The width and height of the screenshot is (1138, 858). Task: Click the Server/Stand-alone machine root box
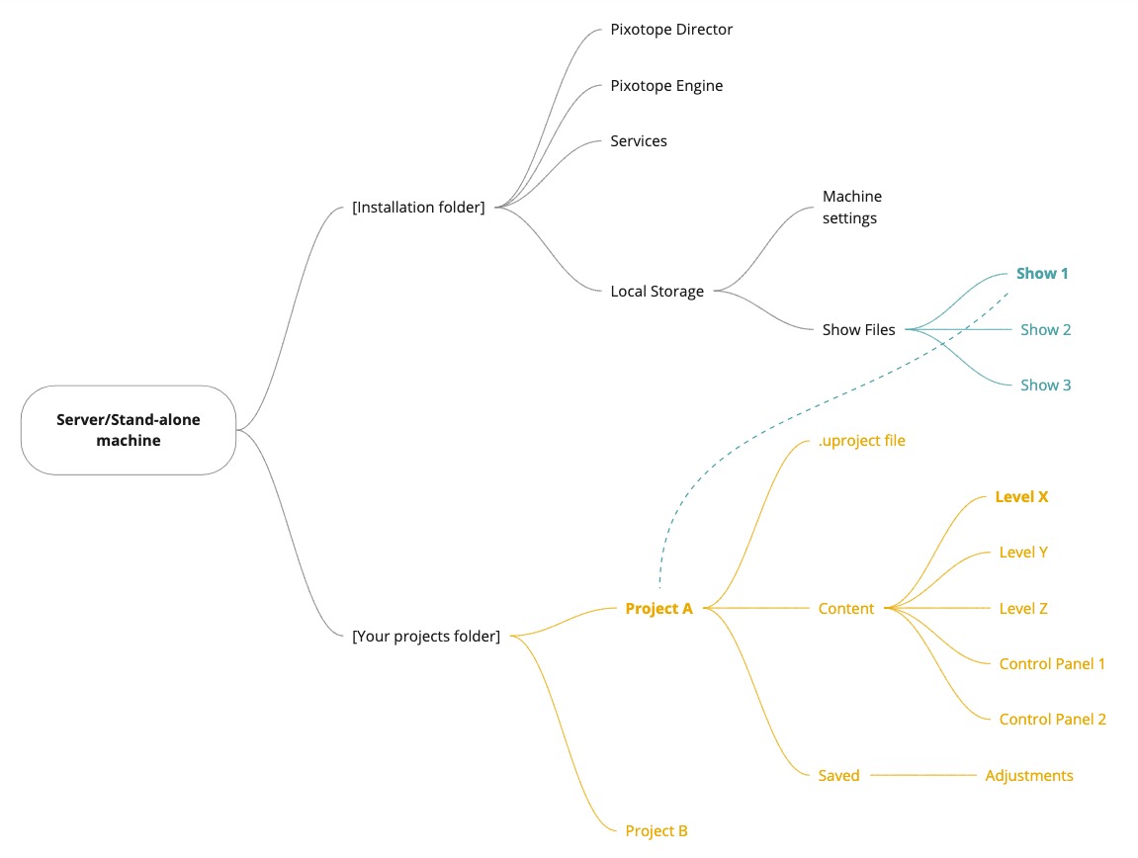coord(129,430)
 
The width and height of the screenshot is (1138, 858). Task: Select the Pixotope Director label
coord(671,30)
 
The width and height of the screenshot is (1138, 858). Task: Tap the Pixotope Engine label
coord(666,86)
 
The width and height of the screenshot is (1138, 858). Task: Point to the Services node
coord(639,141)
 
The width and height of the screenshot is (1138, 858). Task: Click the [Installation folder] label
coord(418,208)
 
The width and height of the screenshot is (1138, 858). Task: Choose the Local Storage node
coord(657,292)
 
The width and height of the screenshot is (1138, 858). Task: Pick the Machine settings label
coord(851,208)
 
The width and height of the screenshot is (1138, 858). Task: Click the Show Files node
coord(858,330)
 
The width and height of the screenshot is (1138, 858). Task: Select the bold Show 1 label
coord(1042,274)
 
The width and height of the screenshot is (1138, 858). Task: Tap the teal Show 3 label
coord(1045,386)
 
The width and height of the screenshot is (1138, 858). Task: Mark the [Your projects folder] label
coord(426,637)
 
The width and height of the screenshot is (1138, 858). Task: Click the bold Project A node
coord(658,609)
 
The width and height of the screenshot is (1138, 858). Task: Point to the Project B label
coord(657,831)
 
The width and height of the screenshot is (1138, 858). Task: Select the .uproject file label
coord(861,441)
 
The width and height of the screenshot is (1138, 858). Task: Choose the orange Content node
coord(845,609)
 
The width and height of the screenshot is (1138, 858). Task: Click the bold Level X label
coord(1021,497)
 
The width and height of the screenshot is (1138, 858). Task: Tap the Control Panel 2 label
coord(1052,720)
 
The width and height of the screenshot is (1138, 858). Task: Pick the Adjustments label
coord(1029,776)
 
